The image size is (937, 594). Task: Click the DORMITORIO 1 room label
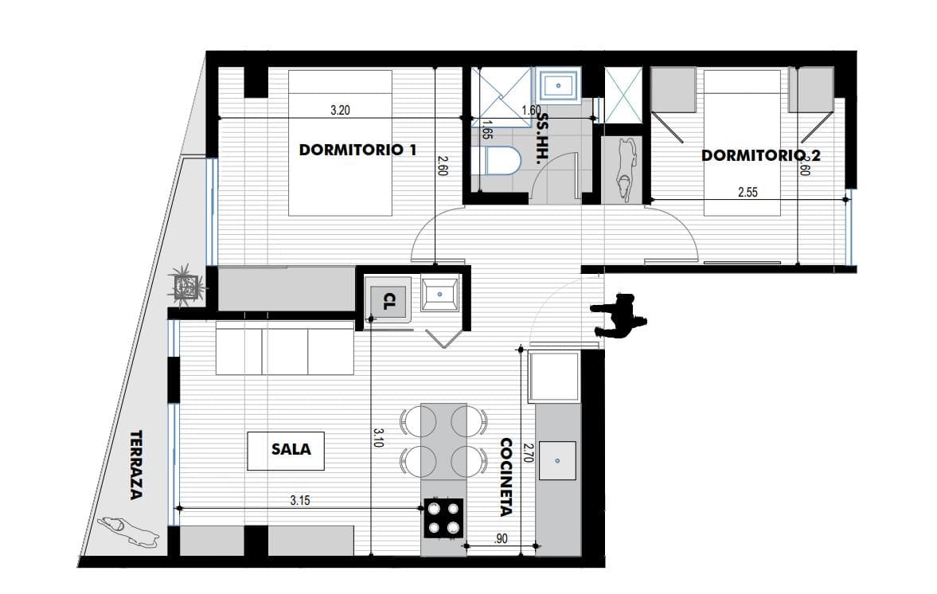click(x=357, y=150)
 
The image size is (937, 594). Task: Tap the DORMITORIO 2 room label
click(x=761, y=155)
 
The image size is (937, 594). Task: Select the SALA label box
click(x=287, y=451)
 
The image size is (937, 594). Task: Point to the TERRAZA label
click(x=137, y=465)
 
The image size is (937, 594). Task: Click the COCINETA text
click(x=506, y=477)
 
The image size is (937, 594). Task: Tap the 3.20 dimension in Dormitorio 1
click(x=340, y=110)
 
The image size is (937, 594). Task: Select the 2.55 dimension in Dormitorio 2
click(x=748, y=192)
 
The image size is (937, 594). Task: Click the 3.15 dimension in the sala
click(x=300, y=500)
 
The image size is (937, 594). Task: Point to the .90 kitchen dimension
click(x=501, y=538)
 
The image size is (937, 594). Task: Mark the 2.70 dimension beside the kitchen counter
click(x=527, y=452)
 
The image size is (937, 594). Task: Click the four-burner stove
click(x=443, y=518)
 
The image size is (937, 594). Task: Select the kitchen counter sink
click(x=557, y=461)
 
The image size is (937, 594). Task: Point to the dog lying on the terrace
click(x=127, y=532)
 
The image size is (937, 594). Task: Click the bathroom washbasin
click(x=559, y=85)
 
